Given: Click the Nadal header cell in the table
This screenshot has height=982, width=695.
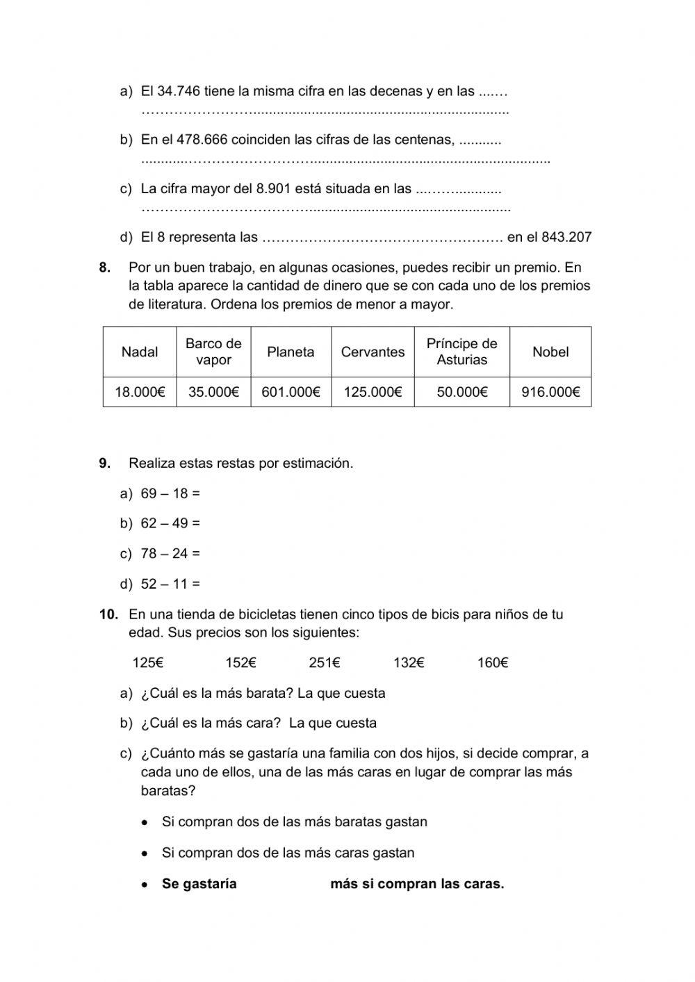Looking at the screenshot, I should pyautogui.click(x=140, y=352).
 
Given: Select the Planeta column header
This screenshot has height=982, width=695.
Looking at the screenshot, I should pyautogui.click(x=291, y=352).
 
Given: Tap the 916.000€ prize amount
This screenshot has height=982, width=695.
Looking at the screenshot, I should pyautogui.click(x=550, y=393).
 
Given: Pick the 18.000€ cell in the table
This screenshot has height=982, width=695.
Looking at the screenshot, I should pyautogui.click(x=140, y=393).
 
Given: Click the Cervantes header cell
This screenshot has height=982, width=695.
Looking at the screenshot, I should pyautogui.click(x=373, y=352).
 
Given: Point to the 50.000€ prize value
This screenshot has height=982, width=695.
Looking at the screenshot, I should pyautogui.click(x=462, y=393).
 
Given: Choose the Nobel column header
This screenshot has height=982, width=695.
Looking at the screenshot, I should pyautogui.click(x=550, y=352).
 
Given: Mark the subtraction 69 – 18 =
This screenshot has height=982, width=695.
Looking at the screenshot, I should pyautogui.click(x=170, y=494).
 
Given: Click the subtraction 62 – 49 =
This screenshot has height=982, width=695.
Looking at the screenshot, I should pyautogui.click(x=170, y=524).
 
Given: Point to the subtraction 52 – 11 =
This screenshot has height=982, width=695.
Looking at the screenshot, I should pyautogui.click(x=170, y=584).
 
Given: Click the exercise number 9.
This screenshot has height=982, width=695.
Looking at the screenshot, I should pyautogui.click(x=105, y=464).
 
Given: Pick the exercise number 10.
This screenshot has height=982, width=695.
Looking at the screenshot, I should pyautogui.click(x=109, y=614).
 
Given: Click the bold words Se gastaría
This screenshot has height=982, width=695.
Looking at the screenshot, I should pyautogui.click(x=199, y=885).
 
